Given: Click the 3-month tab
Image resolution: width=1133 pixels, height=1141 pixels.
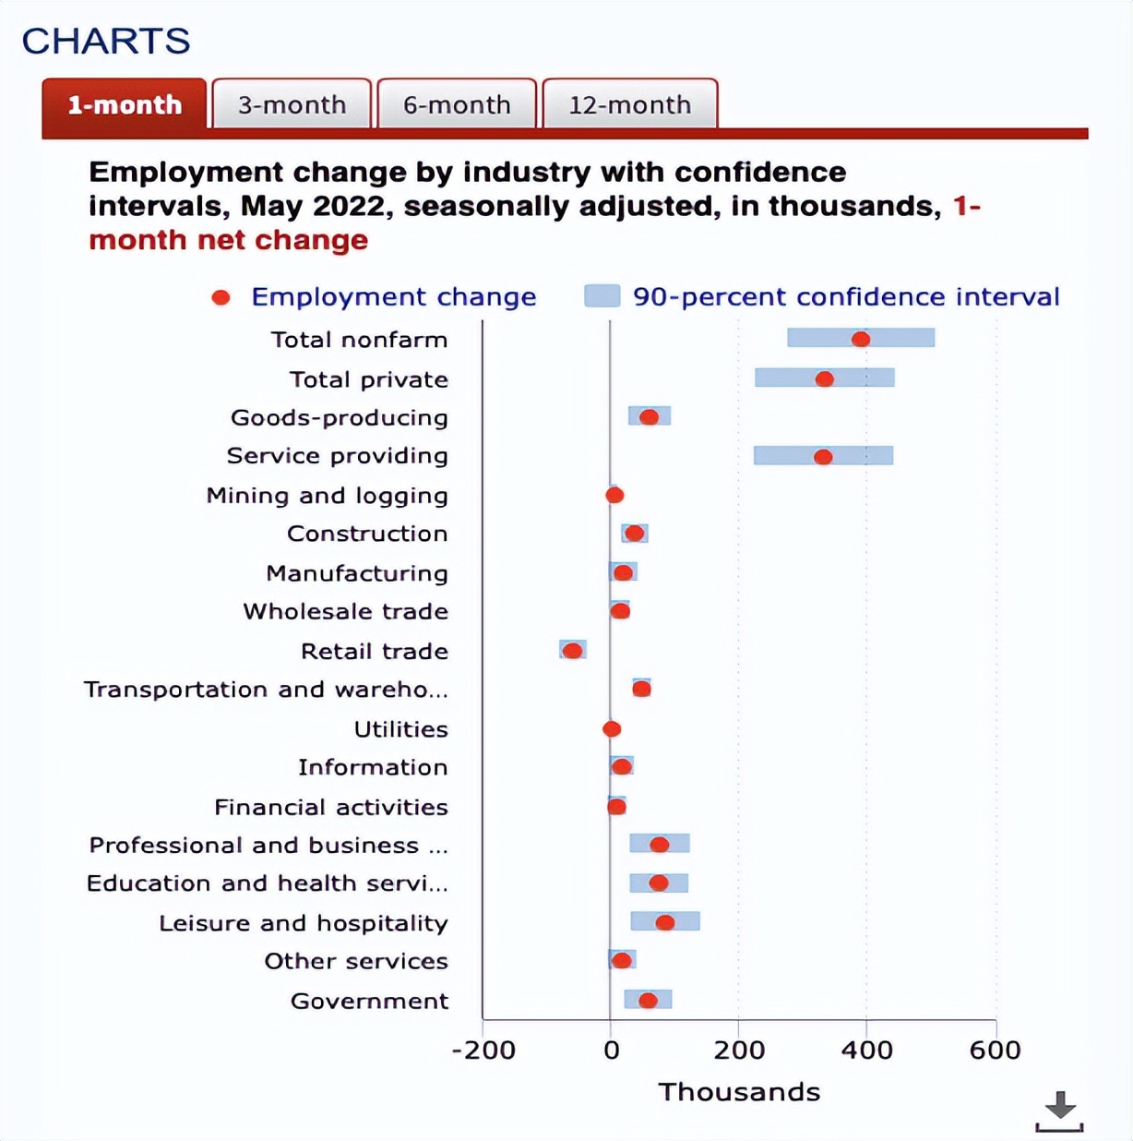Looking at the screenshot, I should point(292,104).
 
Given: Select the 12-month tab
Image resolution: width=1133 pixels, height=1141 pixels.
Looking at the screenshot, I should point(629,104).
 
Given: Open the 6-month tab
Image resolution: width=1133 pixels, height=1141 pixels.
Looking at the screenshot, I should point(457,104).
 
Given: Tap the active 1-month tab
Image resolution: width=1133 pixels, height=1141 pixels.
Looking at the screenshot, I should point(125,104).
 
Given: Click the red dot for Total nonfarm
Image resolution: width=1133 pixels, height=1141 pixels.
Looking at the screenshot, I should point(861,339).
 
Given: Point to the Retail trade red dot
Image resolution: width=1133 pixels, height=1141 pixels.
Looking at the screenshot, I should point(573,651).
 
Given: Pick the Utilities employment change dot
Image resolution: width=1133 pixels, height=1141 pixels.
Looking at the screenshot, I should point(612,729).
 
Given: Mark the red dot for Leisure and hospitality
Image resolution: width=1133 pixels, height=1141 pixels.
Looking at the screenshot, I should point(664,922).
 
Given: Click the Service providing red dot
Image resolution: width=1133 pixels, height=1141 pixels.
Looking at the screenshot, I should point(823,457).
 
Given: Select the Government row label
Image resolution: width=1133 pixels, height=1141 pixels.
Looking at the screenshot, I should point(369,1001).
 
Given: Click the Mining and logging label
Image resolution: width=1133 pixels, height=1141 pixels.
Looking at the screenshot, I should point(327,496).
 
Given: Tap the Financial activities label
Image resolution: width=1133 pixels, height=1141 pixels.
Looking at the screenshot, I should point(330,807).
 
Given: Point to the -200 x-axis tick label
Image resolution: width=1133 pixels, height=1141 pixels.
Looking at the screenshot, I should point(483,1051).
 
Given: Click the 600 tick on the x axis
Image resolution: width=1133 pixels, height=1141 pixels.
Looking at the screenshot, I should point(995,1051).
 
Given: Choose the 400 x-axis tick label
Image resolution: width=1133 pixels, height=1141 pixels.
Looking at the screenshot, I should point(866,1051).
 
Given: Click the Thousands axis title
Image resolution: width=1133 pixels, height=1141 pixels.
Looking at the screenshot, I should point(739,1092).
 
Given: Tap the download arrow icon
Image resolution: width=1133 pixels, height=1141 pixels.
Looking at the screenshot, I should point(1059,1109).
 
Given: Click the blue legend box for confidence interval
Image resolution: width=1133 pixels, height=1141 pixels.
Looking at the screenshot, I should point(602,296).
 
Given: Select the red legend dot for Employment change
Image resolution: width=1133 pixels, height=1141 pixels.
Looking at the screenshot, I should point(221,297).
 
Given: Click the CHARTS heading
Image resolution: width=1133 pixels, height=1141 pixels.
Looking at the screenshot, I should point(106,41).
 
